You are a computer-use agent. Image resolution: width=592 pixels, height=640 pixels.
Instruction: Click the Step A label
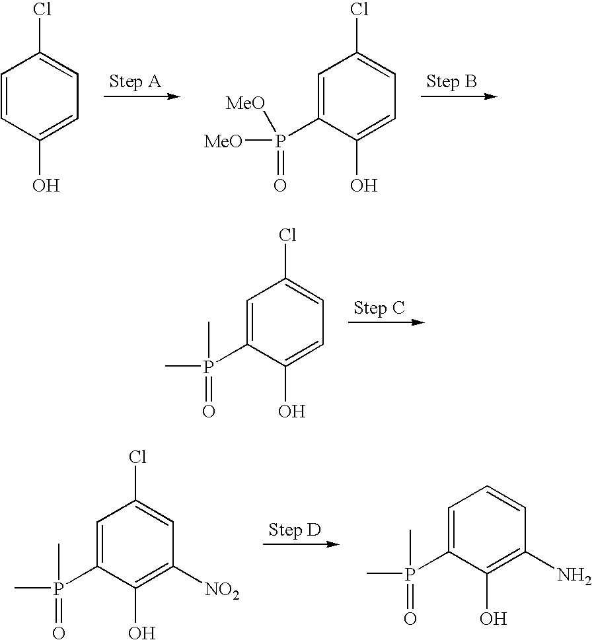point(135,82)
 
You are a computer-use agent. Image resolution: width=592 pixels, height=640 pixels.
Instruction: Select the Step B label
point(452,82)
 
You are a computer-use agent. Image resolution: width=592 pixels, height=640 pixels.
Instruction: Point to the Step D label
point(294,530)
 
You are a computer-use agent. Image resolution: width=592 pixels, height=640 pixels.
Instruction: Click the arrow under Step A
point(141,96)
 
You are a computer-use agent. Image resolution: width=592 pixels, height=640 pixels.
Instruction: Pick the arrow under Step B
point(459,96)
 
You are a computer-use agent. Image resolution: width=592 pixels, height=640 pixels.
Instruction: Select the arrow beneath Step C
point(386,322)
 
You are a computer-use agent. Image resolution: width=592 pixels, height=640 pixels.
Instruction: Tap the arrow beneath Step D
point(301,544)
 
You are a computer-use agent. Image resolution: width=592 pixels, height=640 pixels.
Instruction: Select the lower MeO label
point(222,140)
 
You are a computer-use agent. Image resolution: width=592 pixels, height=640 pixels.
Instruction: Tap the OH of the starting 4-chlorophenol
point(46,186)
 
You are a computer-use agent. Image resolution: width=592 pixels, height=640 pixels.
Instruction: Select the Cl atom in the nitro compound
point(137,457)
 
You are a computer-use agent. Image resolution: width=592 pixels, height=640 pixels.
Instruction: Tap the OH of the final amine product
point(494,619)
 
